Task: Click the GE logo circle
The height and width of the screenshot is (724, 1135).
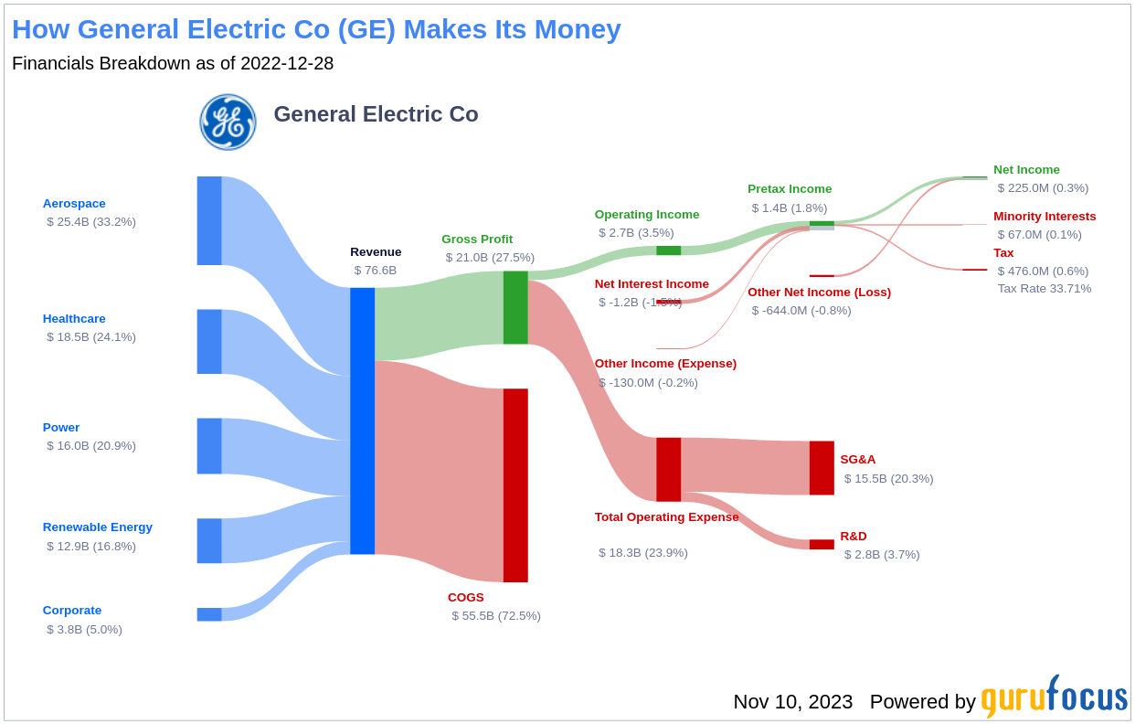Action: [228, 122]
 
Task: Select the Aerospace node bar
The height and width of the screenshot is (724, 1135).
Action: [209, 220]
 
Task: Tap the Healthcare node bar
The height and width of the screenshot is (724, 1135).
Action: [209, 341]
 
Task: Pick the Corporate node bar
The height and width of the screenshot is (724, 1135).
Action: [209, 614]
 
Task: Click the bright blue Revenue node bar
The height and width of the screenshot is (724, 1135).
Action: [362, 421]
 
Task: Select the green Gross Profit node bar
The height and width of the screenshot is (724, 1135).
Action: [515, 307]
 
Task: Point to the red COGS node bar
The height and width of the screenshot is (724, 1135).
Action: [515, 484]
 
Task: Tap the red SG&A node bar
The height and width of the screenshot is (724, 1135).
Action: [822, 468]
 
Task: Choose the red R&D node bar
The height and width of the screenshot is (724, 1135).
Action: [822, 544]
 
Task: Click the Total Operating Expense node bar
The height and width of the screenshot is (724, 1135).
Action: [668, 469]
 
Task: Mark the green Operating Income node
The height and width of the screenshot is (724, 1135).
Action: [668, 250]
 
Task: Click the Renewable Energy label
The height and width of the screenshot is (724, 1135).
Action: [98, 527]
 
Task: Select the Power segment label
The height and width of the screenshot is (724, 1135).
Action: [61, 427]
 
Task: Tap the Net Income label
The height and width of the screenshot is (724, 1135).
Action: [1026, 169]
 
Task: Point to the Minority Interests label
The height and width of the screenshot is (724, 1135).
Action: [1045, 217]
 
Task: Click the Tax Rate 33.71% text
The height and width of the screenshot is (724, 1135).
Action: [1045, 289]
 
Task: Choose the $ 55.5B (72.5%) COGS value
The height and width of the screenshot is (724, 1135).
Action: [496, 616]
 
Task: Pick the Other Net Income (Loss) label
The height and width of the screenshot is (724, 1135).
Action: [819, 293]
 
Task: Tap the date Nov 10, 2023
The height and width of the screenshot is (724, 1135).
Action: [792, 702]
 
